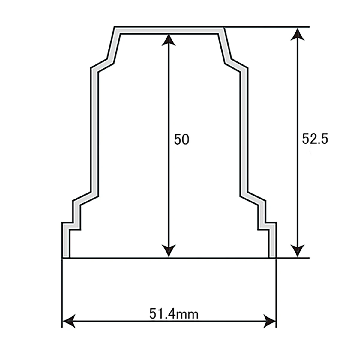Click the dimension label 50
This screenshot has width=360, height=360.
tap(182, 140)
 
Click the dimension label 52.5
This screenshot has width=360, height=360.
tap(315, 139)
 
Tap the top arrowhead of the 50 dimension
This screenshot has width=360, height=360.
tap(169, 40)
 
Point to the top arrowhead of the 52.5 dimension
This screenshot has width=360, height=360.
tap(298, 34)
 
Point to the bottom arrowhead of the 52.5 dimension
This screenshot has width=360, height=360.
tap(298, 251)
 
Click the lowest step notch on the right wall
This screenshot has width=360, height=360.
tap(267, 226)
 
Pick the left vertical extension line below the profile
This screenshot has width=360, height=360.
tap(62, 288)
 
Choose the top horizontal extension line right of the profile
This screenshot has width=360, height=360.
tap(267, 27)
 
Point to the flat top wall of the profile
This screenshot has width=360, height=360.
tap(169, 30)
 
